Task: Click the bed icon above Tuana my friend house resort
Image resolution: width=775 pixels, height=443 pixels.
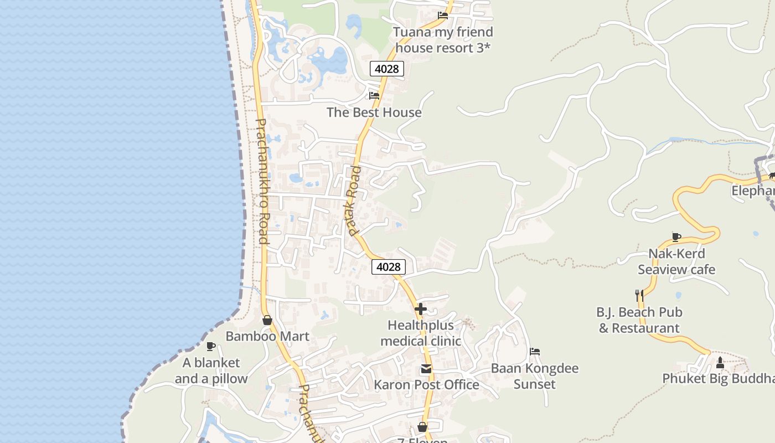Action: pyautogui.click(x=443, y=16)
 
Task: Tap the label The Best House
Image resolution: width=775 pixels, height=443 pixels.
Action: pyautogui.click(x=374, y=112)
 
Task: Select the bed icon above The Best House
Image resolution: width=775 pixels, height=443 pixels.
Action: pyautogui.click(x=374, y=95)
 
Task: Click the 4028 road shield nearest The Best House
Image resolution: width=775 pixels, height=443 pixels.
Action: pyautogui.click(x=387, y=69)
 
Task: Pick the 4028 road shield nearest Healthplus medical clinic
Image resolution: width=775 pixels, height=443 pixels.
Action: pyautogui.click(x=388, y=267)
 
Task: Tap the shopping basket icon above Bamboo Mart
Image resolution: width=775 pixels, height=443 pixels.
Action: pyautogui.click(x=267, y=320)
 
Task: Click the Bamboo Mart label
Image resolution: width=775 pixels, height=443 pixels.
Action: pyautogui.click(x=267, y=336)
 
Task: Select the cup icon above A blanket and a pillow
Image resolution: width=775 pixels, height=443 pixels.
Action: pyautogui.click(x=211, y=347)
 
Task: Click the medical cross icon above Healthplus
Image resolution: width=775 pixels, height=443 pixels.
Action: pyautogui.click(x=421, y=309)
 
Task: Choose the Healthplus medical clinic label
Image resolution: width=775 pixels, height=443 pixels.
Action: pyautogui.click(x=424, y=333)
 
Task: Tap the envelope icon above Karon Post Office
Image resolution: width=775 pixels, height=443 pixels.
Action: pyautogui.click(x=426, y=369)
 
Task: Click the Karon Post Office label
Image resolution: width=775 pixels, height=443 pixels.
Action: pyautogui.click(x=426, y=384)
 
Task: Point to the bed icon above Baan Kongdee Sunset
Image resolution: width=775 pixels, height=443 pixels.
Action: pyautogui.click(x=535, y=352)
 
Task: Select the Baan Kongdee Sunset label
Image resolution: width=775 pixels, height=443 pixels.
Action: pyautogui.click(x=535, y=376)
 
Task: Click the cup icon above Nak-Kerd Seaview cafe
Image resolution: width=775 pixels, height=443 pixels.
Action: pyautogui.click(x=676, y=238)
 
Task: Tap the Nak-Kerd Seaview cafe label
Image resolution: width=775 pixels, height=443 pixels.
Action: pyautogui.click(x=676, y=261)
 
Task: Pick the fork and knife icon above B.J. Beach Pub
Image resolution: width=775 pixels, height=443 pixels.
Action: pyautogui.click(x=639, y=295)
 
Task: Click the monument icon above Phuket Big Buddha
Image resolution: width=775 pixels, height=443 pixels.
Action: pyautogui.click(x=720, y=363)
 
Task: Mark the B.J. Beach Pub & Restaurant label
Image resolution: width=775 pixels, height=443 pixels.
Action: pyautogui.click(x=639, y=320)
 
